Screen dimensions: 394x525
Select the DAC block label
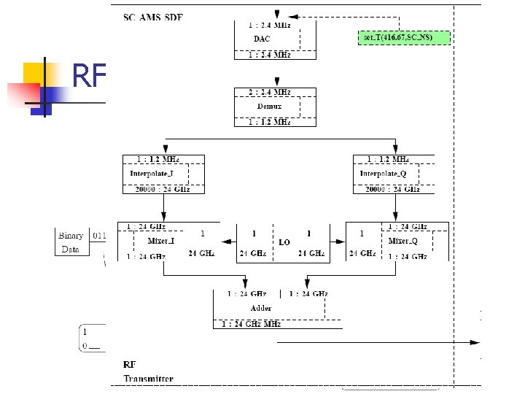click(x=262, y=38)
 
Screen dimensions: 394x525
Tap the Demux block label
click(x=269, y=107)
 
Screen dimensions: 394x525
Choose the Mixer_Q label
click(x=403, y=239)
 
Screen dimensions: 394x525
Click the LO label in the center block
click(x=284, y=242)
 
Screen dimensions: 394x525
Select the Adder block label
click(x=261, y=308)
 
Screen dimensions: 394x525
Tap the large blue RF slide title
click(x=90, y=75)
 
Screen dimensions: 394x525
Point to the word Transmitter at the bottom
click(x=148, y=378)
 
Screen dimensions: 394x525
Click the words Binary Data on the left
click(x=71, y=242)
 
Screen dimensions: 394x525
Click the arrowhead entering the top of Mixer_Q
click(x=396, y=216)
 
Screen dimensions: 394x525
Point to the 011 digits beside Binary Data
click(x=99, y=235)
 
